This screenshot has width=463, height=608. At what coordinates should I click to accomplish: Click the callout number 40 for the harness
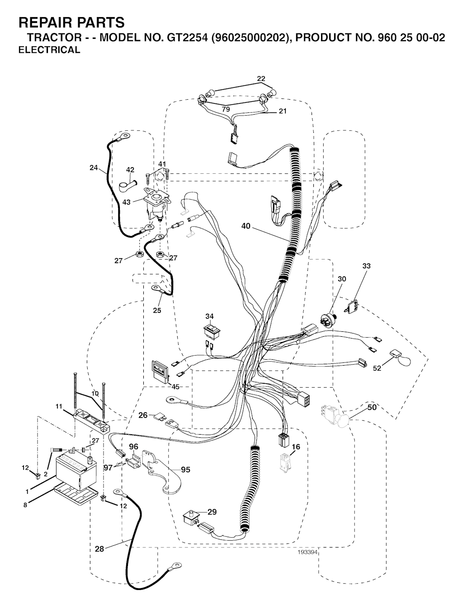[x=246, y=226]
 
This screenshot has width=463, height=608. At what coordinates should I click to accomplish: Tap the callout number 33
[x=366, y=266]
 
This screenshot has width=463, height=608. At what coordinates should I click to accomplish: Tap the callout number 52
[x=377, y=368]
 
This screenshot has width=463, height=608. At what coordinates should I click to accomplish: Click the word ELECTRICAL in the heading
[x=49, y=50]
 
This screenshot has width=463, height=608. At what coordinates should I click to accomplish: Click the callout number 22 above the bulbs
[x=261, y=79]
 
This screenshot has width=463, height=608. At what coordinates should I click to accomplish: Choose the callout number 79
[x=226, y=109]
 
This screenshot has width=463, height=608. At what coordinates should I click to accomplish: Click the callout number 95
[x=185, y=469]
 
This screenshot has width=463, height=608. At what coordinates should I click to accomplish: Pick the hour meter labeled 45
[x=160, y=371]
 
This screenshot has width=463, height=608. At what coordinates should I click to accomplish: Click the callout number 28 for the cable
[x=99, y=549]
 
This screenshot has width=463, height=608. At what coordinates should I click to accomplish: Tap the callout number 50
[x=372, y=407]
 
